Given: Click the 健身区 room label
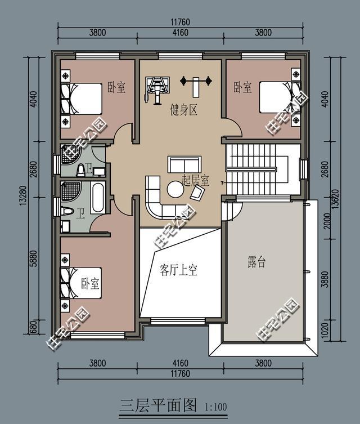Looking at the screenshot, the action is pos(183,110).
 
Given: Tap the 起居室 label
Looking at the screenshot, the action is pos(196,180).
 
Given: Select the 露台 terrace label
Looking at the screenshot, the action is pos(256,262).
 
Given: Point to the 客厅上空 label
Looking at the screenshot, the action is pos(178,270).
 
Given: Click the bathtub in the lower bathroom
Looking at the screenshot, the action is pos(97,198).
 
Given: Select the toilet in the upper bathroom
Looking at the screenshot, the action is pos(81,170).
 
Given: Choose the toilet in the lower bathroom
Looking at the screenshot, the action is pos(67,211).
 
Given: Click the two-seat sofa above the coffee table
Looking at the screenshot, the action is pos(184,164).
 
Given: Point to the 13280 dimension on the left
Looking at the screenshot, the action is pos(23,195).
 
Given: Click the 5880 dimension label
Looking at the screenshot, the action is pos(34,258).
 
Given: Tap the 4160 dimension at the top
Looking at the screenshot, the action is pos(180,33).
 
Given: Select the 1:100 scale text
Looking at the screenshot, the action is pos(216,407).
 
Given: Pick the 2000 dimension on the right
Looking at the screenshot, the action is pos(327,221).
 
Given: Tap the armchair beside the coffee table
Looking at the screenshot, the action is pos(197,192).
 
